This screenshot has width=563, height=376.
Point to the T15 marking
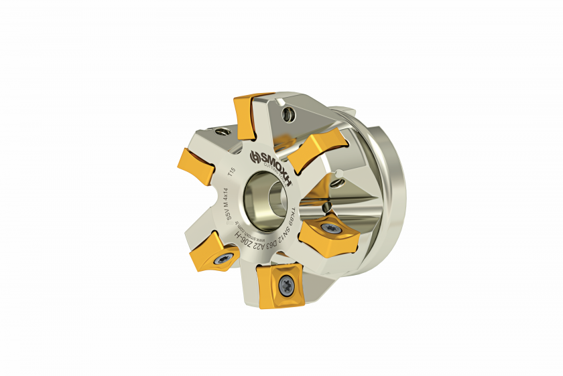click(x=232, y=173)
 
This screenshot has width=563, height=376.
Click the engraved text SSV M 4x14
click(x=227, y=204)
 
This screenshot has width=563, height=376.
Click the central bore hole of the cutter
click(x=264, y=195)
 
